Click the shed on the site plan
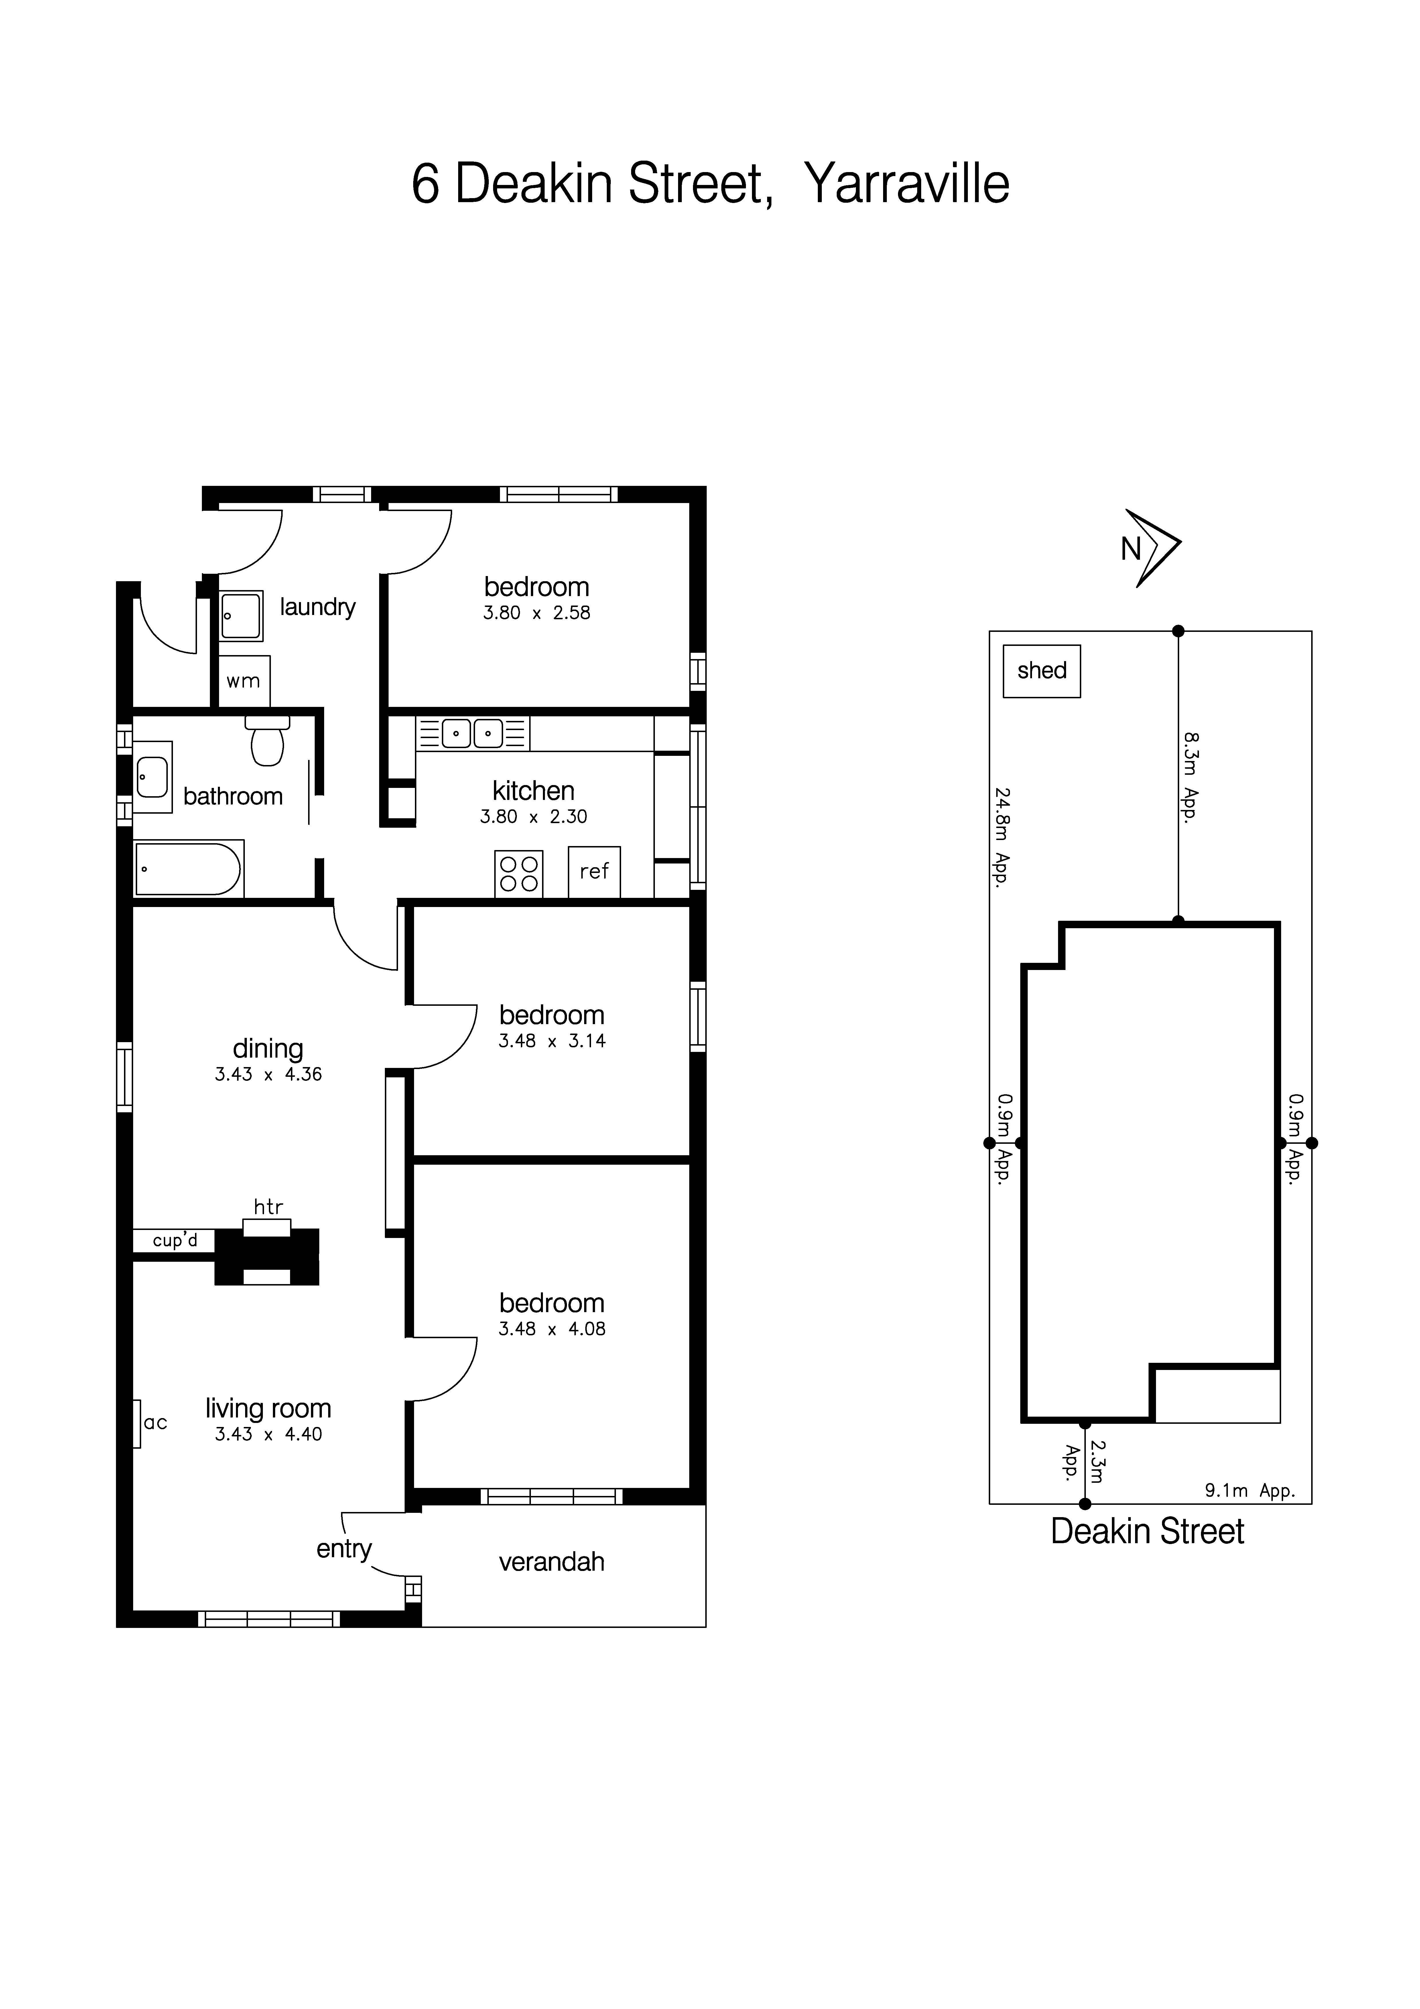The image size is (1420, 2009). coord(1041,671)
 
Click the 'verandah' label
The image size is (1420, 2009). coord(551,1562)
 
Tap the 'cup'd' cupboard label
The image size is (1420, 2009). coord(175,1241)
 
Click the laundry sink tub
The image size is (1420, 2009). coord(241,616)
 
